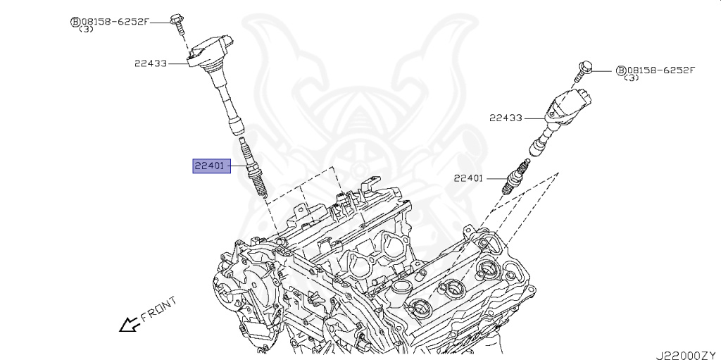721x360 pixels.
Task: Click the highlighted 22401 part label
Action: [209, 167]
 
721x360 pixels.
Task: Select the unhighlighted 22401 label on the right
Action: [468, 179]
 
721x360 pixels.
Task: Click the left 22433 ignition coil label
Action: [151, 63]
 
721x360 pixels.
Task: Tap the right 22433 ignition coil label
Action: [506, 118]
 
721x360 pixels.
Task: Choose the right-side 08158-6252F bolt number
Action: [660, 70]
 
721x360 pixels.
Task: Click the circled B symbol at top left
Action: [75, 22]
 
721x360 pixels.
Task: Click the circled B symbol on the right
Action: [620, 70]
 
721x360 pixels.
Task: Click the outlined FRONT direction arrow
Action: [128, 324]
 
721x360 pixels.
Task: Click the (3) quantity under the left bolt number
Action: [86, 30]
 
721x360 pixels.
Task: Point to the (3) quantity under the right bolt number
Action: [631, 78]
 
